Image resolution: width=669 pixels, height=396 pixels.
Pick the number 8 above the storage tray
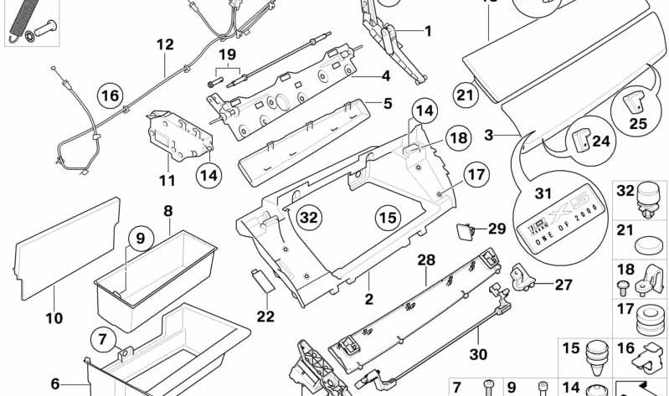[167, 211]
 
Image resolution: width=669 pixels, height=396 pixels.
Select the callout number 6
[55, 384]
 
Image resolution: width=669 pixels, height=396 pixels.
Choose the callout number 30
[478, 354]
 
